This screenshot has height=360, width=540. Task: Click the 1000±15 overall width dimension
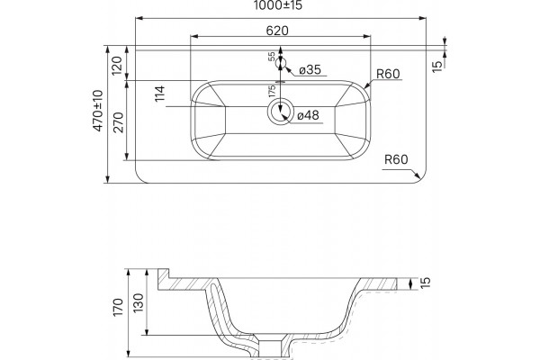click(278, 4)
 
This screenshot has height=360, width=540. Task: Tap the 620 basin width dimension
click(277, 31)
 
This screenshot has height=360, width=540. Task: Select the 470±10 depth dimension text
click(98, 110)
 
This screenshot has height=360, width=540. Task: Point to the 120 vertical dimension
click(117, 66)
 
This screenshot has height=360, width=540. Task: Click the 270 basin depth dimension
click(119, 122)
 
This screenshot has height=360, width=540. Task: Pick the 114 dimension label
click(160, 94)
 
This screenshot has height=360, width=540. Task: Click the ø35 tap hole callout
click(310, 69)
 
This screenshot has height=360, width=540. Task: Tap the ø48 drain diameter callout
click(308, 115)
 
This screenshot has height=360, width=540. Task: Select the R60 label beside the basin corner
click(388, 74)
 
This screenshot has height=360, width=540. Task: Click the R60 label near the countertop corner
click(396, 159)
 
